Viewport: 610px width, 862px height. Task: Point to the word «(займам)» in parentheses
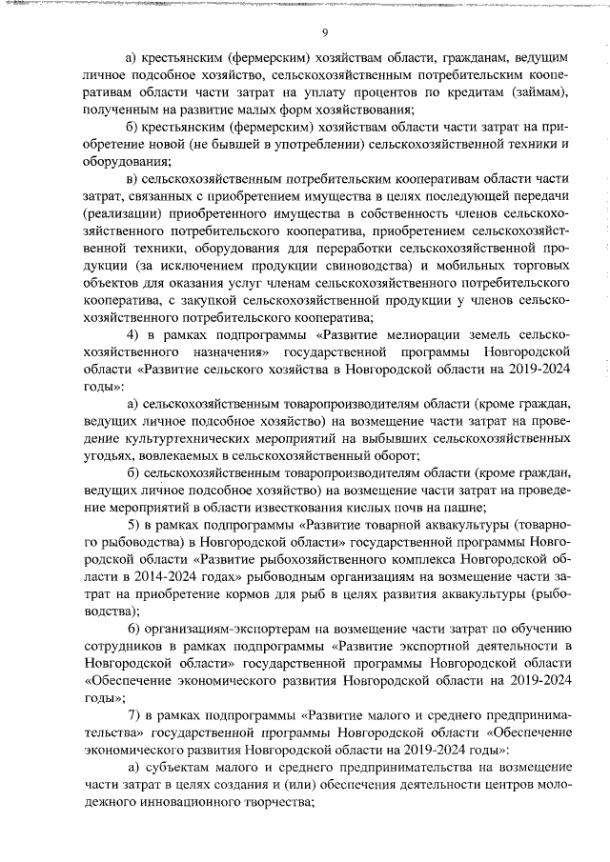pyautogui.click(x=536, y=90)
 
